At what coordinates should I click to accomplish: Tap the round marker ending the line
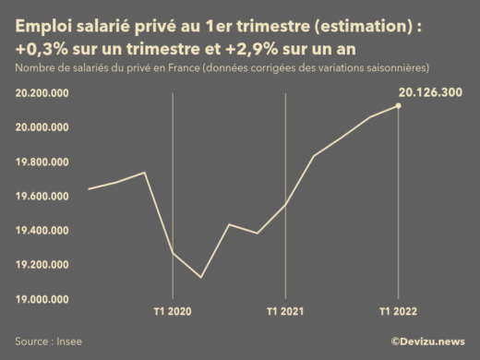pyautogui.click(x=398, y=106)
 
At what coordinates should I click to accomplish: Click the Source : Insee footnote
pyautogui.click(x=48, y=341)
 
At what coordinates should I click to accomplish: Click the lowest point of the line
pyautogui.click(x=201, y=277)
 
